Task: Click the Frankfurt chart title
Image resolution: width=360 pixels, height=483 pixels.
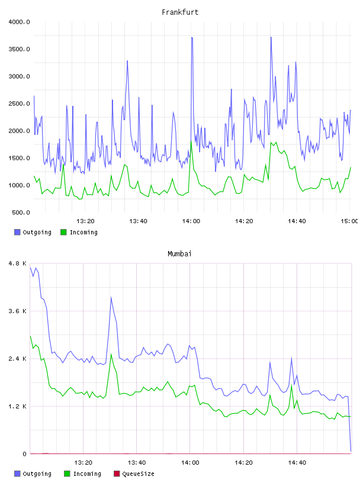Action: pos(180,12)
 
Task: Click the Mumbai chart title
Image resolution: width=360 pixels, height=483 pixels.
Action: pos(179,254)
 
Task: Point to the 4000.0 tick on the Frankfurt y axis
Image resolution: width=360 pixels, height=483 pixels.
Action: pos(19,22)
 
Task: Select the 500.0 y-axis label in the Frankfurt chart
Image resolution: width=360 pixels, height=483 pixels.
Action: pos(21,212)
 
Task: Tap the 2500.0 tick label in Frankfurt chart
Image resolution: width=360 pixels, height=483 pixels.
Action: pos(19,104)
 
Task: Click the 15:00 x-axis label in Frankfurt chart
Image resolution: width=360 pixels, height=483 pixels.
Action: pos(349,221)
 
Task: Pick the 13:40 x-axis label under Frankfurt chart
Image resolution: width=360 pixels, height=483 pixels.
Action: pos(138,221)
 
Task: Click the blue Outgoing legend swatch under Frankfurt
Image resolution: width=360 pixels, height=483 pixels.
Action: pos(17,232)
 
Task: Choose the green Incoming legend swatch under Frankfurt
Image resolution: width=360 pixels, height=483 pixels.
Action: pos(63,232)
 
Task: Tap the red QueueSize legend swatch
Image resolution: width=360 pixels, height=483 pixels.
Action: pos(117,474)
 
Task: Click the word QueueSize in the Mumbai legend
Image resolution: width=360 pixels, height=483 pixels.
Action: pos(138,474)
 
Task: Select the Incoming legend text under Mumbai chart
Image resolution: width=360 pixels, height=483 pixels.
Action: pos(87,474)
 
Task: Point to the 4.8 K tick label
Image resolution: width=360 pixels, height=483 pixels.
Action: pos(18,263)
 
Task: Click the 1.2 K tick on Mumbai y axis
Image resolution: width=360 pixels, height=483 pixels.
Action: pos(18,406)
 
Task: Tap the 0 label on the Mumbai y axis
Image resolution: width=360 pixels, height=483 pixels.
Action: pos(25,454)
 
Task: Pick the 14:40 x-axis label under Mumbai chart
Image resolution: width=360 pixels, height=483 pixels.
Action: pos(297,463)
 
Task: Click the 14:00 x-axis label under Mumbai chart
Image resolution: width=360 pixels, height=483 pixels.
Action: pos(190,463)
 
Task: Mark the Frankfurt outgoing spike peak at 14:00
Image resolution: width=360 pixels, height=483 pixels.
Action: pos(192,37)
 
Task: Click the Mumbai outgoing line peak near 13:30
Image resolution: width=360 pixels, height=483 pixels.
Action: pos(111,297)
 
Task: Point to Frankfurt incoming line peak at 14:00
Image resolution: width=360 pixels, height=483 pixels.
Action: pos(191,141)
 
